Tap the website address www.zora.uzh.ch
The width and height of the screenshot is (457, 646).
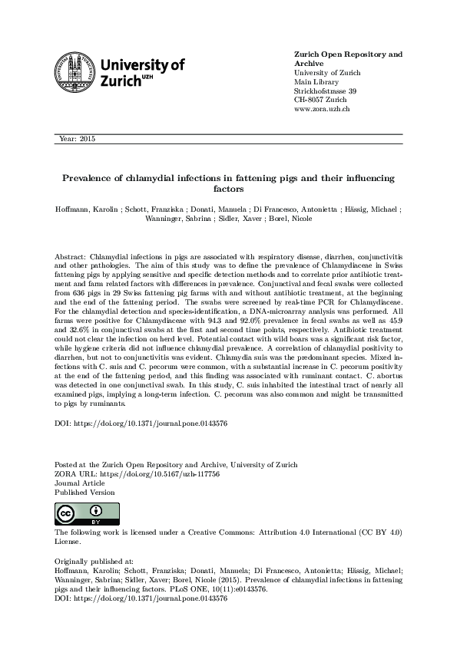323,110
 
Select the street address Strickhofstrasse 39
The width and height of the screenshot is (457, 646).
325,91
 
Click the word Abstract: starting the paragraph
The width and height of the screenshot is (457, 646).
71,253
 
